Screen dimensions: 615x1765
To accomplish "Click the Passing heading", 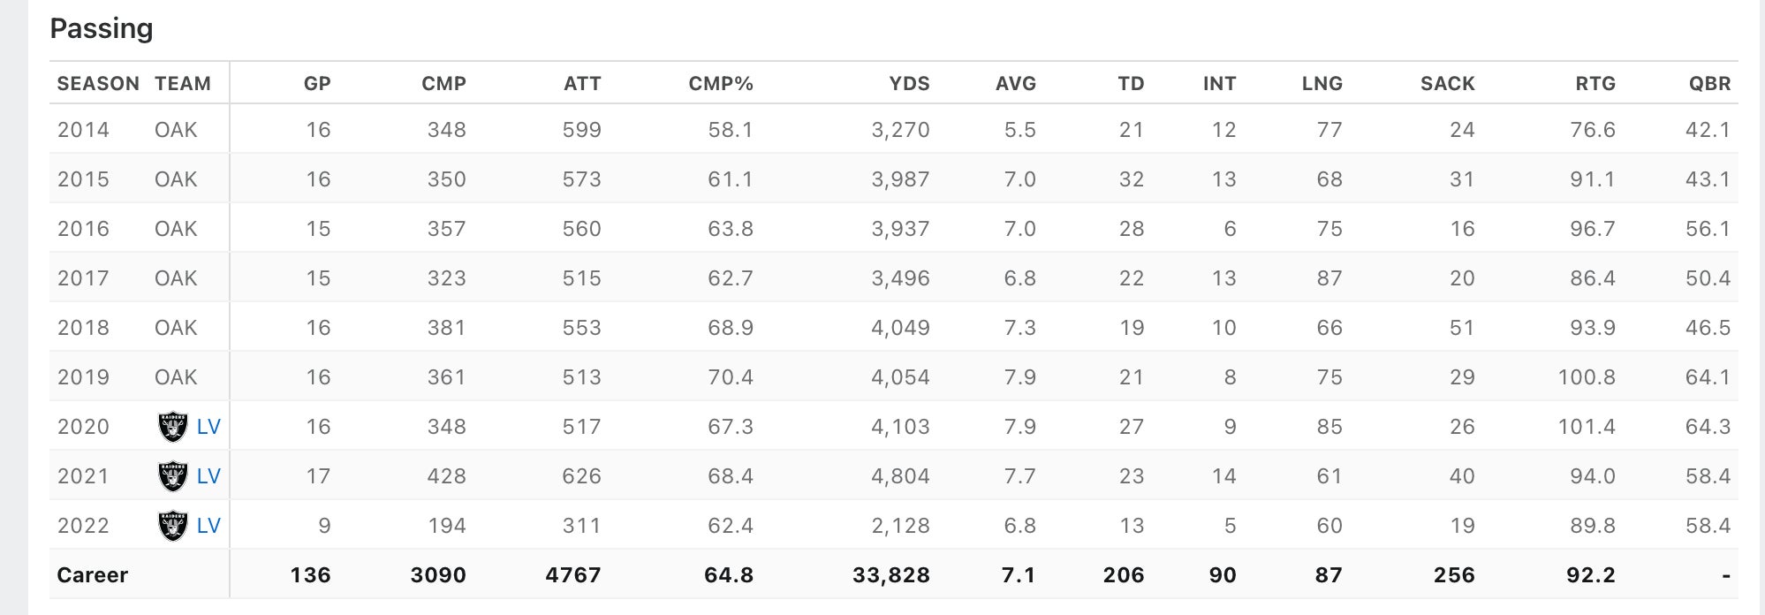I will pos(102,29).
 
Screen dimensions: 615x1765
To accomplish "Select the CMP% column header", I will pos(720,84).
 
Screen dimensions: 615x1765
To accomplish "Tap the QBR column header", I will pos(1709,84).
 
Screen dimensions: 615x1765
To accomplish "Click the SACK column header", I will pos(1447,84).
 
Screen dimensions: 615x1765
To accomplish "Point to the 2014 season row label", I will pos(83,130).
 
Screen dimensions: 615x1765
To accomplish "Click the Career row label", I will pos(93,575).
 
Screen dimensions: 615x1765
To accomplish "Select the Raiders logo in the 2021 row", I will pos(172,476).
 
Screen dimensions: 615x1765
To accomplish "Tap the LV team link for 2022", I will pos(208,526).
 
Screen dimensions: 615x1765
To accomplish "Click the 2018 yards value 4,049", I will pos(900,328).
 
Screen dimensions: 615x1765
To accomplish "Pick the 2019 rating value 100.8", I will pos(1586,377).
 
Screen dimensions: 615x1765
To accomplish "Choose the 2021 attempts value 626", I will pos(581,476).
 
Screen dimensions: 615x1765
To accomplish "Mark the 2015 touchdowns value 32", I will pos(1131,179).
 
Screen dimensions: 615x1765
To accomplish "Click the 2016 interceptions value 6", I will pos(1229,229).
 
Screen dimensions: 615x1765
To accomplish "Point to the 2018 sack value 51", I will pos(1461,328).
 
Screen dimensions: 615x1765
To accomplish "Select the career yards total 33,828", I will pos(890,575).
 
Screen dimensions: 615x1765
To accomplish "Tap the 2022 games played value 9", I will pos(323,526).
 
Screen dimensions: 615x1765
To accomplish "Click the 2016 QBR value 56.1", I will pos(1708,229).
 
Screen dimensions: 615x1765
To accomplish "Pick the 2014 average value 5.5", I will pos(1019,130).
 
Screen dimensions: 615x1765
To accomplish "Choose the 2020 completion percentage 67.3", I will pos(730,427).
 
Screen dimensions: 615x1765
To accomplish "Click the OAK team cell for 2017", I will pos(176,278).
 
